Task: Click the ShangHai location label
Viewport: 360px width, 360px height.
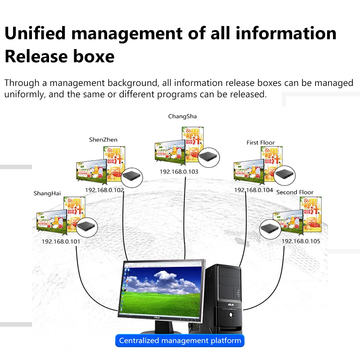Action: (x=47, y=193)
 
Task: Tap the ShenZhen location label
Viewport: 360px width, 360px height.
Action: (x=103, y=139)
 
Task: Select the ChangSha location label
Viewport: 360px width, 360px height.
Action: (x=182, y=116)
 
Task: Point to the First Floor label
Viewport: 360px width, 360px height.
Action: (x=261, y=143)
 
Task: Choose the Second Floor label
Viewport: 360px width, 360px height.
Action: (x=295, y=192)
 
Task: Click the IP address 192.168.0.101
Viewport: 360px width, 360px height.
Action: (x=61, y=242)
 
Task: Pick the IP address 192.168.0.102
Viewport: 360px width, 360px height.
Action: (x=104, y=190)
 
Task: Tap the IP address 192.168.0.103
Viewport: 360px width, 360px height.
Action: (x=179, y=171)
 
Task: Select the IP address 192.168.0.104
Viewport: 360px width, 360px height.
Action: (x=253, y=190)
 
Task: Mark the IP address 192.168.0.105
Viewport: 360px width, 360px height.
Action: (x=301, y=241)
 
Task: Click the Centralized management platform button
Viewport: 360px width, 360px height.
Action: (x=180, y=341)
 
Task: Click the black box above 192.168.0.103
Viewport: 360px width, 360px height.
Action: (x=209, y=157)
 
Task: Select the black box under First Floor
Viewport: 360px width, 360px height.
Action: (x=284, y=174)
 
